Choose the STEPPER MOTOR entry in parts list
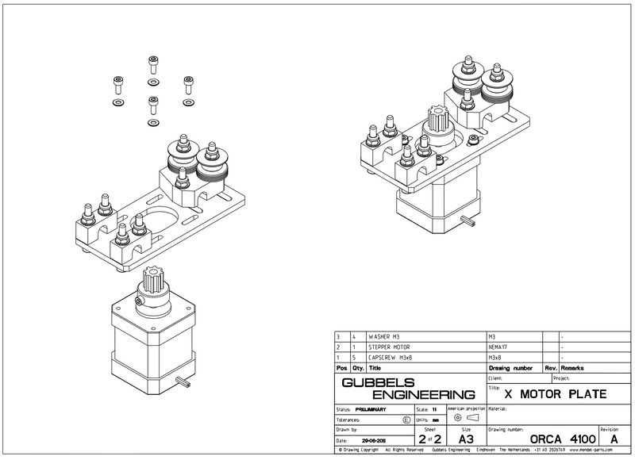[x=388, y=347]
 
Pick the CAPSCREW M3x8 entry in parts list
[x=387, y=357]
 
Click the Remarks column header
[x=573, y=368]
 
